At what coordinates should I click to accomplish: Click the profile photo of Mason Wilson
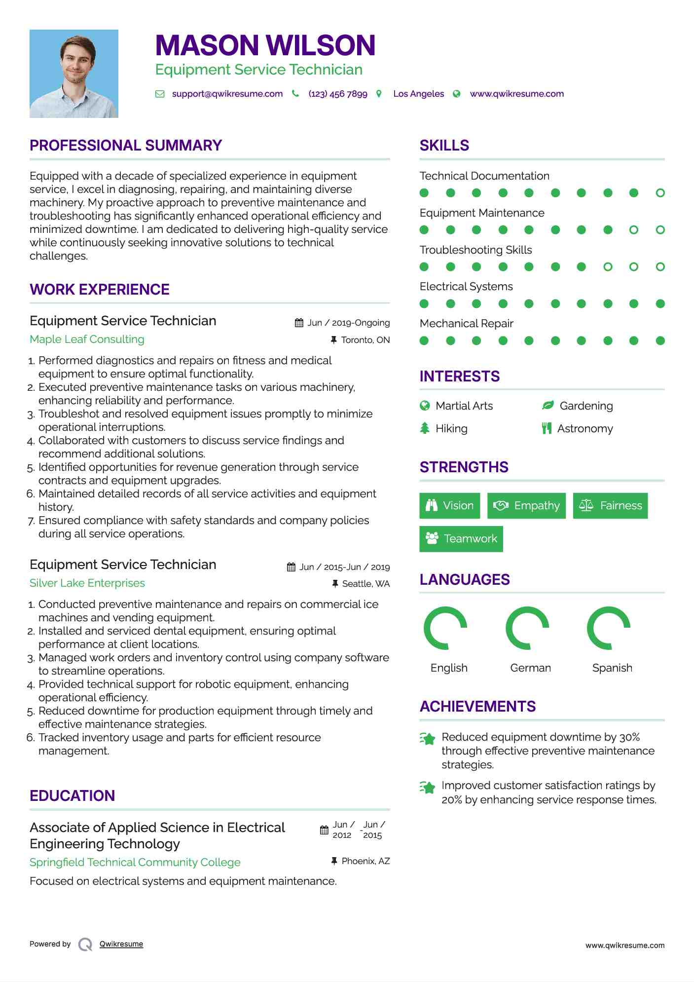pos(74,74)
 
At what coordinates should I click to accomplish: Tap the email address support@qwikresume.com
pos(227,94)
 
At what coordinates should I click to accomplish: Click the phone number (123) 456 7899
pos(337,94)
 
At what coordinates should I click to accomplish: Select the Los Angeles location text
pos(418,94)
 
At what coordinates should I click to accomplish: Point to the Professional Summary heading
pos(126,146)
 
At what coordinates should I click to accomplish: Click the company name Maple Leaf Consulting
pos(87,339)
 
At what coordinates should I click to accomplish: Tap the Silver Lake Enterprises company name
pos(87,583)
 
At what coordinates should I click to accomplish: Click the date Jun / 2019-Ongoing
pos(348,323)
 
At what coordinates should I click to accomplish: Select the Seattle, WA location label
pos(365,584)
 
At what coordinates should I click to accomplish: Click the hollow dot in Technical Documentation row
pos(660,193)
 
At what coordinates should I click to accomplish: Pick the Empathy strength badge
pos(526,506)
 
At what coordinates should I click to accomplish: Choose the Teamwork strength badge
pos(461,538)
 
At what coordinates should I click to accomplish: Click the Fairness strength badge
pos(610,506)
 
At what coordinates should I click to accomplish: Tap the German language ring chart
pos(527,628)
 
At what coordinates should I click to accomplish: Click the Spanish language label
pos(612,668)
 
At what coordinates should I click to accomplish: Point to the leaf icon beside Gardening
pos(548,406)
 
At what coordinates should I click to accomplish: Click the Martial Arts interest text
pos(464,406)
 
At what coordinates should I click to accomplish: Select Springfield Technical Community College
pos(135,862)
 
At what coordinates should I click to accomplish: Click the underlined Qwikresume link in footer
pos(121,944)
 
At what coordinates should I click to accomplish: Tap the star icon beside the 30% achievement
pos(428,739)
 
